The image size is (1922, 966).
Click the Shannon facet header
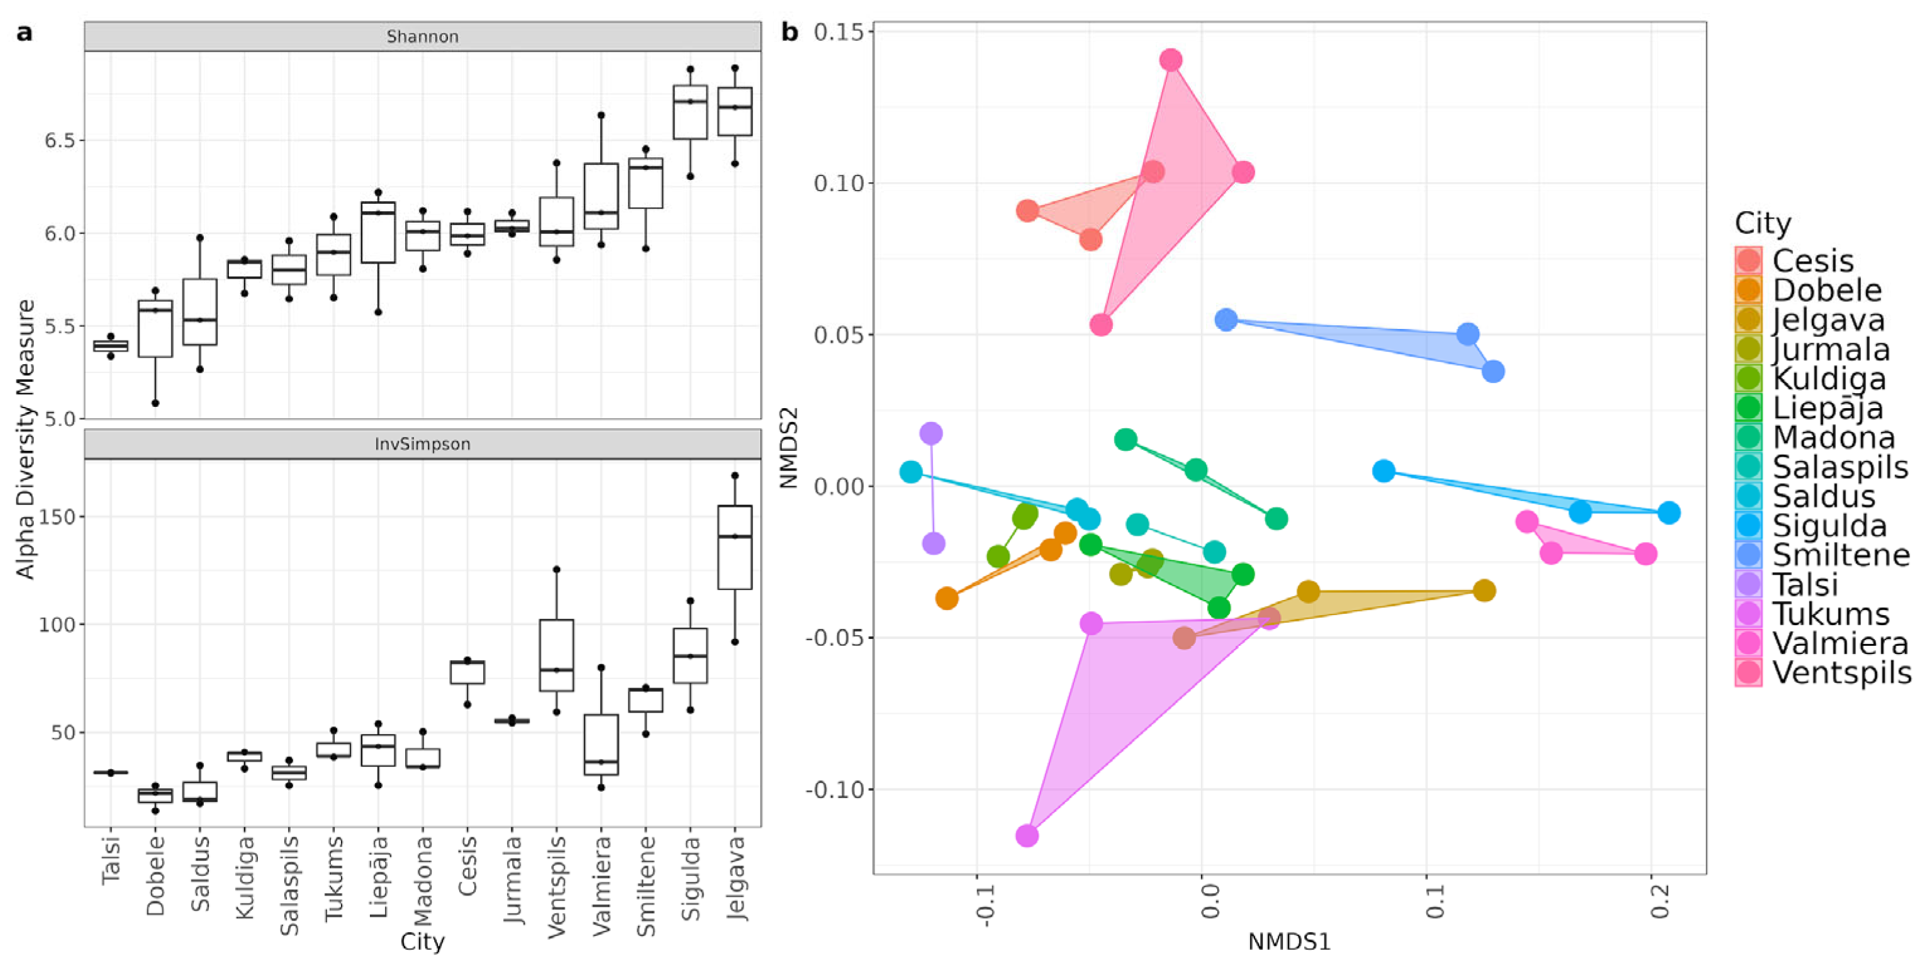pyautogui.click(x=422, y=36)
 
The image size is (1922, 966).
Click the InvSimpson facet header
pyautogui.click(x=422, y=444)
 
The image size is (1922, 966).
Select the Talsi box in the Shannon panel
pyautogui.click(x=111, y=345)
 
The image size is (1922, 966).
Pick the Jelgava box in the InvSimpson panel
pyautogui.click(x=735, y=547)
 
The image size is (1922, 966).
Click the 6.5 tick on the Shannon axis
pyautogui.click(x=59, y=140)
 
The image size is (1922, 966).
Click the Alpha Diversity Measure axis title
pyautogui.click(x=26, y=440)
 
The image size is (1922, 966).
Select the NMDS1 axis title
pyautogui.click(x=1289, y=942)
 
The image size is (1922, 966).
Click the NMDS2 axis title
pyautogui.click(x=790, y=448)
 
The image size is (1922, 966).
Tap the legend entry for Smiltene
pyautogui.click(x=1840, y=555)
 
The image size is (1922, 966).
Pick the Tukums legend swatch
pyautogui.click(x=1748, y=614)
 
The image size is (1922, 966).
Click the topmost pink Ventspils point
pyautogui.click(x=1171, y=60)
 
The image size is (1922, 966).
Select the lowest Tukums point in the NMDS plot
pyautogui.click(x=1027, y=835)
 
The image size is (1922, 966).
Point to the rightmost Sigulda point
pyautogui.click(x=1669, y=513)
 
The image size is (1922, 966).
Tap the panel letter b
pyautogui.click(x=790, y=32)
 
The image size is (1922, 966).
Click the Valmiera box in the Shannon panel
pyautogui.click(x=601, y=196)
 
